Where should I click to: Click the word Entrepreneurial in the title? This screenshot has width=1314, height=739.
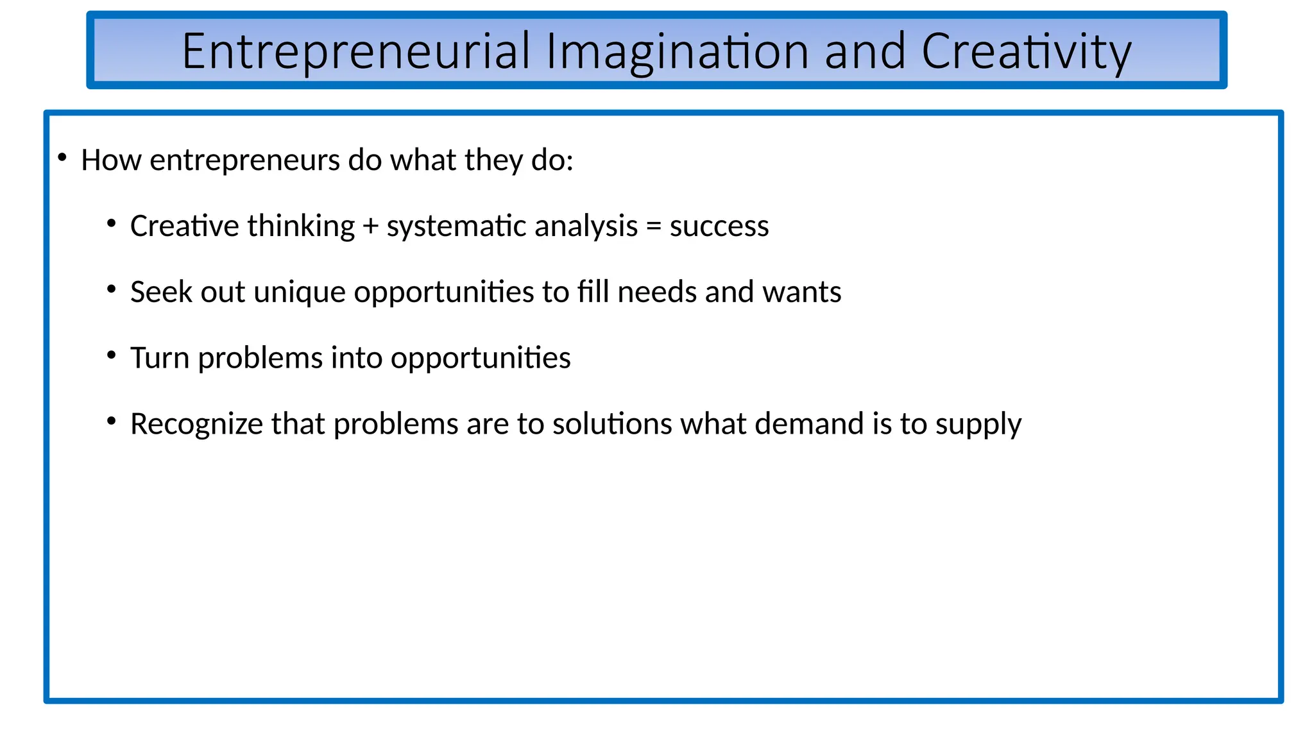[356, 52]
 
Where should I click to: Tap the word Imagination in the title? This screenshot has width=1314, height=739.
[677, 52]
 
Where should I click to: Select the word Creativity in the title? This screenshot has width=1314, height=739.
[1026, 52]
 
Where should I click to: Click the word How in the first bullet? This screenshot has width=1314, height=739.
[110, 160]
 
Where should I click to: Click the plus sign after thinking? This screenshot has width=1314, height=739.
[370, 226]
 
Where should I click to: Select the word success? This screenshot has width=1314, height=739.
[719, 226]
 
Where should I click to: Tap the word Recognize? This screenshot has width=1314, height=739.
[196, 425]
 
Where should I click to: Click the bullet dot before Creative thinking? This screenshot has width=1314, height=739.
[112, 224]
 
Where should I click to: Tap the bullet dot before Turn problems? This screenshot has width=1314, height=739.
[112, 355]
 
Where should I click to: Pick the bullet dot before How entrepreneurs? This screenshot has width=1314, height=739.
[62, 157]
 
